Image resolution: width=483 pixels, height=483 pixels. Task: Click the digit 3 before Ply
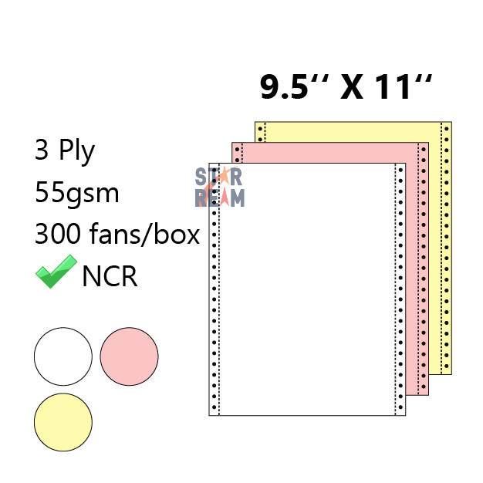(42, 150)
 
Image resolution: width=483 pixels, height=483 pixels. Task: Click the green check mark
(56, 272)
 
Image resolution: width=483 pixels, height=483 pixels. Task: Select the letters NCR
(110, 275)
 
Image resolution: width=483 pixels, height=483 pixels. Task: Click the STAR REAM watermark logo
(220, 187)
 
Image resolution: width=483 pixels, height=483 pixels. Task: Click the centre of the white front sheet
(307, 289)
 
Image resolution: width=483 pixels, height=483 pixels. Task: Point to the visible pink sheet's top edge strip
(339, 152)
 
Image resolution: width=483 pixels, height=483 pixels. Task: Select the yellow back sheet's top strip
(355, 131)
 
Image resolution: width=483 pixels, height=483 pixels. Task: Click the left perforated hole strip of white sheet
(214, 289)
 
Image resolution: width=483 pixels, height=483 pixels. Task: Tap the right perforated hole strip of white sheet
(399, 289)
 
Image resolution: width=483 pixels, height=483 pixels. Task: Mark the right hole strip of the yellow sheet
(445, 247)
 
